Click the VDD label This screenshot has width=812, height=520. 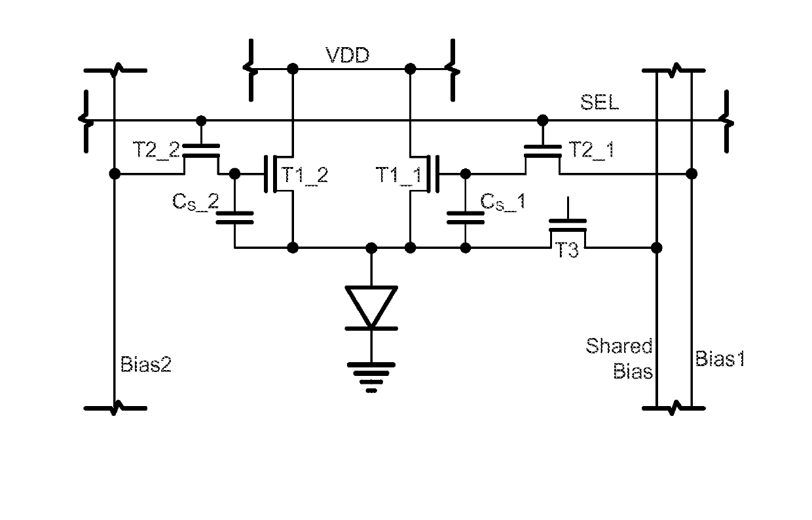pyautogui.click(x=347, y=55)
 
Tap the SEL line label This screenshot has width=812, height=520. pyautogui.click(x=600, y=102)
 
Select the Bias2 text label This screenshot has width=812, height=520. pyautogui.click(x=145, y=364)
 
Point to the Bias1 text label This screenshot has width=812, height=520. pyautogui.click(x=720, y=359)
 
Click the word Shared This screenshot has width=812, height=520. pyautogui.click(x=619, y=346)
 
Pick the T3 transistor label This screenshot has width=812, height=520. pyautogui.click(x=567, y=250)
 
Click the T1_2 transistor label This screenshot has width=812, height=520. pyautogui.click(x=305, y=175)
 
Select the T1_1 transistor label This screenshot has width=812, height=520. pyautogui.click(x=399, y=175)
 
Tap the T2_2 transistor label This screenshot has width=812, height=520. pyautogui.click(x=157, y=149)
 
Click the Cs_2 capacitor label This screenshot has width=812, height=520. pyautogui.click(x=196, y=202)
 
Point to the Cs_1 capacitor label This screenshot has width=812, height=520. pyautogui.click(x=503, y=202)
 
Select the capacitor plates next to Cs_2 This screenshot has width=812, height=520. pyautogui.click(x=234, y=217)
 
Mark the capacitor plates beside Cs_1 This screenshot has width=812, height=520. pyautogui.click(x=466, y=217)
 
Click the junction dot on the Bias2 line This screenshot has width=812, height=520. pyautogui.click(x=115, y=174)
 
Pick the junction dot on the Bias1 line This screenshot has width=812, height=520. pyautogui.click(x=692, y=174)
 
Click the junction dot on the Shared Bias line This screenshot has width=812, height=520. pyautogui.click(x=657, y=248)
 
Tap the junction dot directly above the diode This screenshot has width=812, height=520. pyautogui.click(x=371, y=248)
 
